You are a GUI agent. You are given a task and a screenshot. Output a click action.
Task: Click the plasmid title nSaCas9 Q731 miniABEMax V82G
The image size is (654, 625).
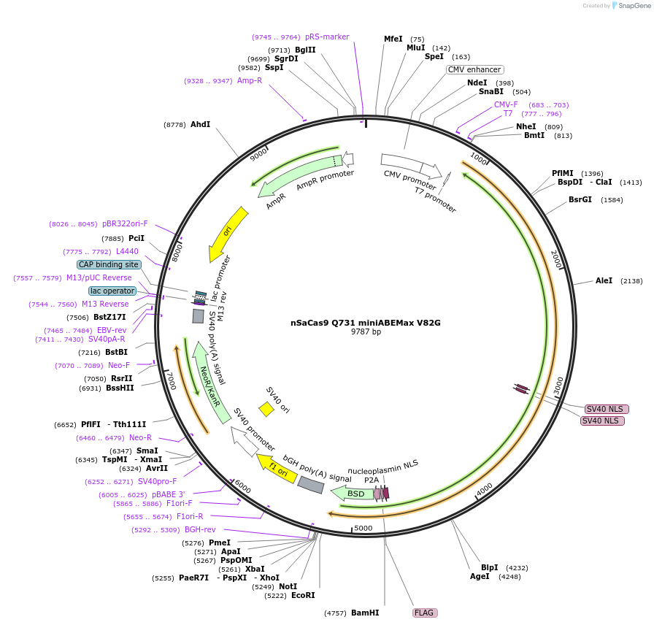(x=366, y=322)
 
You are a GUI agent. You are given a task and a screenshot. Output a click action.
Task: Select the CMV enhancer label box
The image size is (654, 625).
(x=475, y=70)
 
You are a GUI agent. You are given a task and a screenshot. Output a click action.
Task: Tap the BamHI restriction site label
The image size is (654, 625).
(x=365, y=613)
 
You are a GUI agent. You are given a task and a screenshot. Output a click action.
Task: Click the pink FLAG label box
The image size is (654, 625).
(x=425, y=613)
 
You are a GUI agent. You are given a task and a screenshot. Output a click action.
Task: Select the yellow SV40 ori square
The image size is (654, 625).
(x=266, y=410)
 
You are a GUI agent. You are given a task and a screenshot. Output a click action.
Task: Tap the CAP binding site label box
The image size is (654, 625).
(x=109, y=264)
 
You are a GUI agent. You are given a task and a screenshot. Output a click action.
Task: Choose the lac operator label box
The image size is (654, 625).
(x=113, y=291)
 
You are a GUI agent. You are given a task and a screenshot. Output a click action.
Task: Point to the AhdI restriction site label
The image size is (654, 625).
(x=200, y=125)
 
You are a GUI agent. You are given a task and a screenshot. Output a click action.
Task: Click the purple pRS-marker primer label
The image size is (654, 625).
(x=327, y=37)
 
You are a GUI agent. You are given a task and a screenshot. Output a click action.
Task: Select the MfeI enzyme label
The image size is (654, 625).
(x=393, y=39)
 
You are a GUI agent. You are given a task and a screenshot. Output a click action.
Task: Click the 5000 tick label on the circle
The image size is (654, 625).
(x=363, y=528)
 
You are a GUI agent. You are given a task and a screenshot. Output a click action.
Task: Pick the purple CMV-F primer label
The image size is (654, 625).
(x=506, y=104)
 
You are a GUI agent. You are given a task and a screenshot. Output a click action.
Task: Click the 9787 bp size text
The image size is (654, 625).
(x=366, y=332)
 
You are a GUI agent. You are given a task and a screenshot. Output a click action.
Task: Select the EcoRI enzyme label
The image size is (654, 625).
(x=303, y=595)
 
